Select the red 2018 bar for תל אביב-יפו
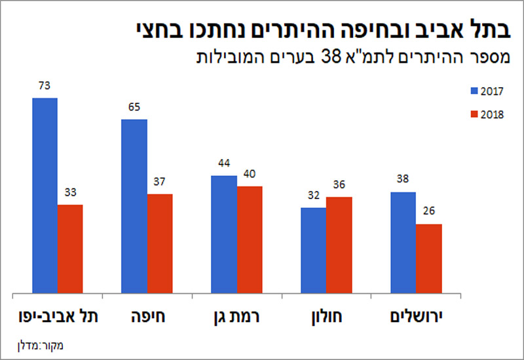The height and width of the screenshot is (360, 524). (x=70, y=249)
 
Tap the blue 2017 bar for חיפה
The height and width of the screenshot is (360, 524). (x=134, y=206)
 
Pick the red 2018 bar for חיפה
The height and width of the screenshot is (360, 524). (x=160, y=243)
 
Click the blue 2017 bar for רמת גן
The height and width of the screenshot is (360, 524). (x=224, y=234)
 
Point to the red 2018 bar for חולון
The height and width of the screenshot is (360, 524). (x=339, y=245)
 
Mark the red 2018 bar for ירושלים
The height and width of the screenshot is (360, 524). (x=429, y=259)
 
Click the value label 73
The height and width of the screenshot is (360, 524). (x=45, y=86)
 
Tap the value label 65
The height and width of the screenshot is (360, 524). (x=134, y=108)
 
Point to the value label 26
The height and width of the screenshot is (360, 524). (x=429, y=212)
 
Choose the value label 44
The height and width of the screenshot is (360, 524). (x=224, y=164)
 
